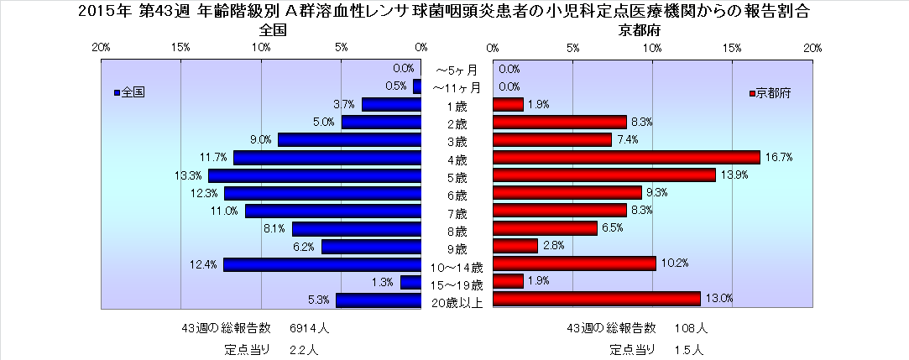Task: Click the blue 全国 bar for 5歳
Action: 315,175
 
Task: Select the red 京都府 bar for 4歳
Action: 626,157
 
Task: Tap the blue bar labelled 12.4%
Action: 322,264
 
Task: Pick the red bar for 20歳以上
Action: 596,299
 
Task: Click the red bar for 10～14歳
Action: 574,263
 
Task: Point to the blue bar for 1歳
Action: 391,104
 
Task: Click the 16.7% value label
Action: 782,157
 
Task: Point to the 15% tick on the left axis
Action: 180,48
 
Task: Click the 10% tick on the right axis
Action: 652,48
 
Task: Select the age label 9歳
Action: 456,248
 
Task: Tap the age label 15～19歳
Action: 456,284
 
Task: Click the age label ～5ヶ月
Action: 456,70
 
